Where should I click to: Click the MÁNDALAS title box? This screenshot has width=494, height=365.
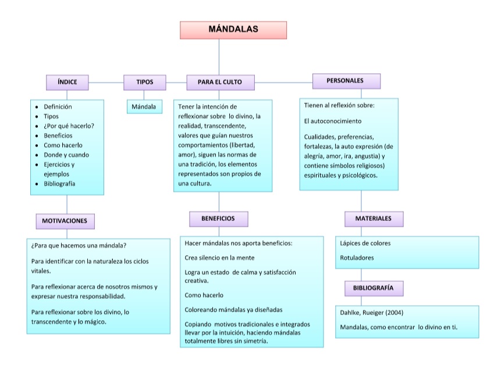point(233,30)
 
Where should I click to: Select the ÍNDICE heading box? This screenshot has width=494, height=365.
point(67,83)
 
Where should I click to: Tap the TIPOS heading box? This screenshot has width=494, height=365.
point(144,83)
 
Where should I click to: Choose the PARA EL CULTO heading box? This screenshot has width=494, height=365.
point(220,83)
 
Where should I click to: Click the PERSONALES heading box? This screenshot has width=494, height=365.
point(346,81)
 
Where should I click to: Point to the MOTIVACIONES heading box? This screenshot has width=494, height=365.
point(65,221)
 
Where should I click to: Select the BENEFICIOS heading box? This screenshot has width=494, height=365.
point(218,219)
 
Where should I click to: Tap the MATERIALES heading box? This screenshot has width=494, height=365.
point(374,219)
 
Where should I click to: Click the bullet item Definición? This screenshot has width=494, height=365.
point(58,107)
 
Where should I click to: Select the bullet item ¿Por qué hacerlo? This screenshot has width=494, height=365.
point(69,126)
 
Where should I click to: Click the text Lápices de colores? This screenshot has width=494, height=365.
point(365,243)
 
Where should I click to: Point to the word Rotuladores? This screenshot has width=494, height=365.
point(357,257)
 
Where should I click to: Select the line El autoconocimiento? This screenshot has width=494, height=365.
point(333,121)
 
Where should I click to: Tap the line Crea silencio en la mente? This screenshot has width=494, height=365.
point(219,257)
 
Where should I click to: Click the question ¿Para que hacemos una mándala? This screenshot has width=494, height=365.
point(79,245)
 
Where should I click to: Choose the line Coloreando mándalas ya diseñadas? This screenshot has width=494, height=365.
point(233,309)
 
